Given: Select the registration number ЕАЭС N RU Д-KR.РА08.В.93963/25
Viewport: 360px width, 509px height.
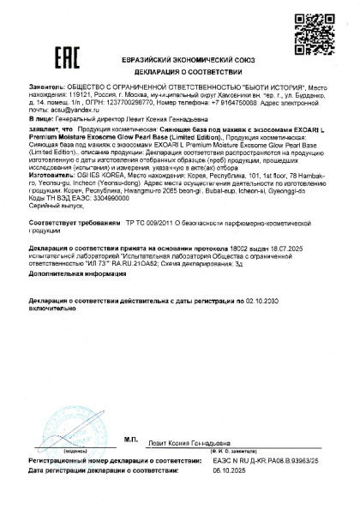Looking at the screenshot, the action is pyautogui.click(x=283, y=483).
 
